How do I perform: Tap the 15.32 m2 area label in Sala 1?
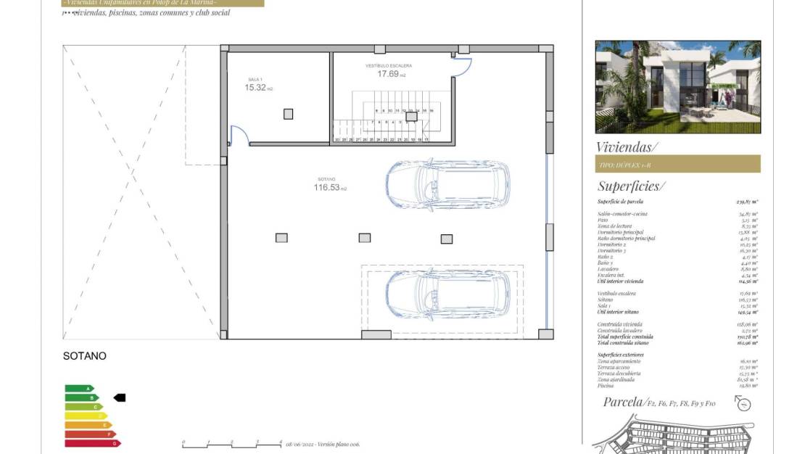[x=258, y=88]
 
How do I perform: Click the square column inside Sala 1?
[x=289, y=114]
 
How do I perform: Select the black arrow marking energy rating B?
[x=120, y=397]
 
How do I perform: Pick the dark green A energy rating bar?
[x=79, y=389]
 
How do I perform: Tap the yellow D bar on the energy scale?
[x=86, y=416]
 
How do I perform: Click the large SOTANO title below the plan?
[x=85, y=356]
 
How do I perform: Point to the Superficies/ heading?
[x=629, y=186]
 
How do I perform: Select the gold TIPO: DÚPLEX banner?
[x=677, y=165]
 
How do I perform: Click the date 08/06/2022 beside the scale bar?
[x=300, y=444]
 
